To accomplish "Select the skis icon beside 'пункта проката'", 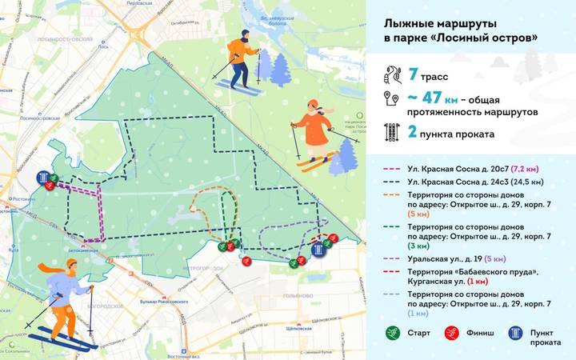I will tap(393, 133).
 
